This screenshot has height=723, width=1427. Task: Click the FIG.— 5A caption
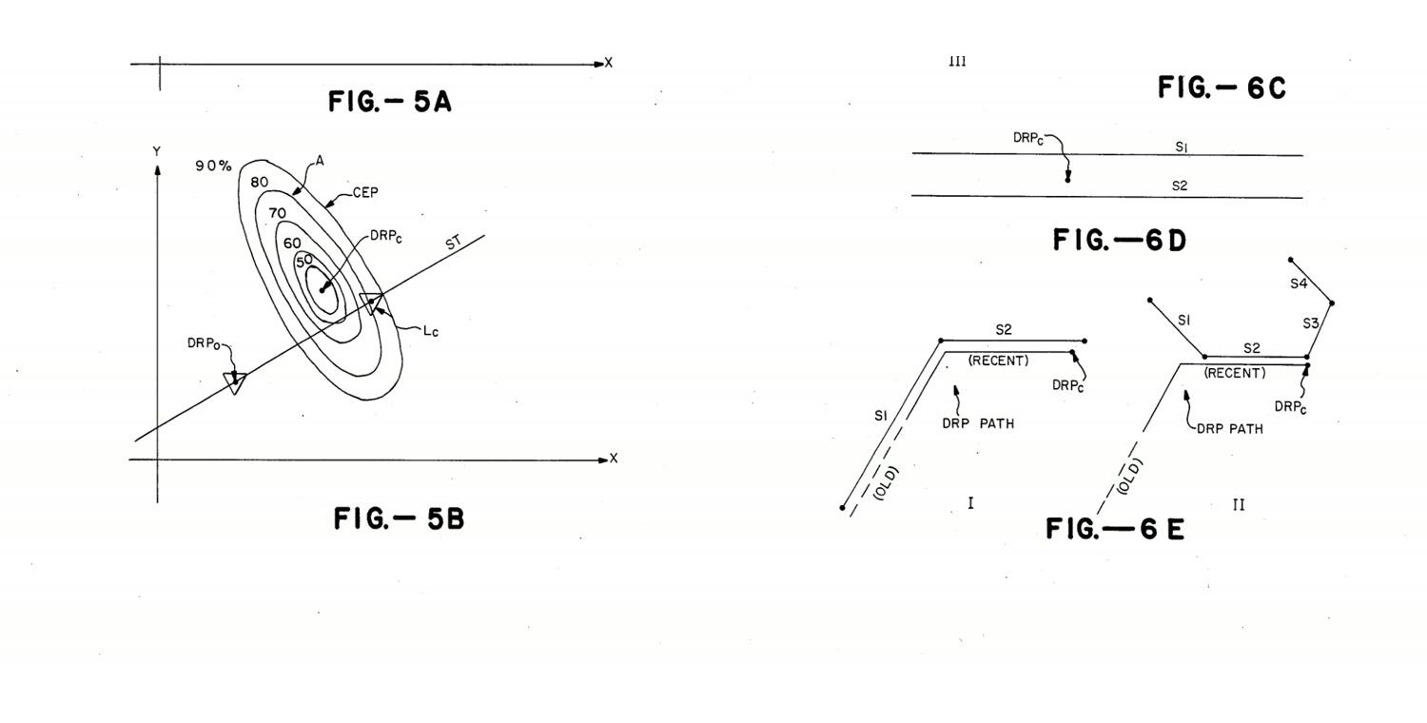(x=390, y=101)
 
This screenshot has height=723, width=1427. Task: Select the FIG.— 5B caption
(x=399, y=518)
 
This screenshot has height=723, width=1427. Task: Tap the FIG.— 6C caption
(x=1222, y=88)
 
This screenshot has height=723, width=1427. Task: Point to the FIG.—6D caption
(x=1120, y=240)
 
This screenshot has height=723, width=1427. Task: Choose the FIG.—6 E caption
(x=1115, y=529)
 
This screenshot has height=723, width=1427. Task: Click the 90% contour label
(x=213, y=166)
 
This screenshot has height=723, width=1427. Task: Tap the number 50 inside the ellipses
(x=303, y=261)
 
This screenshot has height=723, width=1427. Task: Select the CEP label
(x=365, y=192)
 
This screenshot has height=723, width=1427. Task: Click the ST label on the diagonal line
(x=454, y=242)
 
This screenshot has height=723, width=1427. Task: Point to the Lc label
(x=431, y=331)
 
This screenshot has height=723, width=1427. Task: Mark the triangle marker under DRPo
(x=235, y=382)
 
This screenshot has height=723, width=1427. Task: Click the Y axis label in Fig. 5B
(x=157, y=151)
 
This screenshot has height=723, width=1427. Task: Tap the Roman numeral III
(x=957, y=62)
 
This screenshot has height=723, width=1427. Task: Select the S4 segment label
(x=1299, y=283)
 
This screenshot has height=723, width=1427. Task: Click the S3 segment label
(x=1310, y=323)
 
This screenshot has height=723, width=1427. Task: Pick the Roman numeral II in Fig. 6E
(x=1239, y=505)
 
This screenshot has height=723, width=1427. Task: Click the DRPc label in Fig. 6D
(x=1028, y=138)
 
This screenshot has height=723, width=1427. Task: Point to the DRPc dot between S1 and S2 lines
(x=1067, y=181)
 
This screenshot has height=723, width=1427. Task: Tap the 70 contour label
(x=277, y=213)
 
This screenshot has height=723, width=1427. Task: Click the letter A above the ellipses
(x=320, y=161)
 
